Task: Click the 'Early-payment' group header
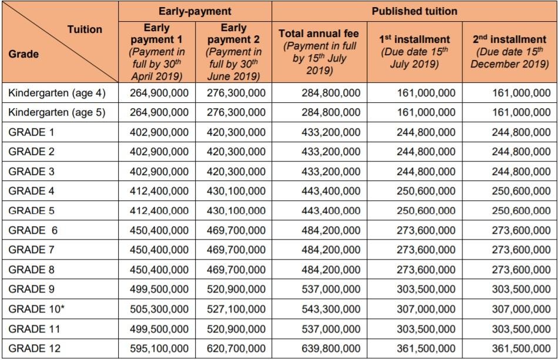(195, 11)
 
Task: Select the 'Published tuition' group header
(414, 11)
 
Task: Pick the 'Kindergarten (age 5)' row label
(57, 112)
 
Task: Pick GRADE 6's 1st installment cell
(426, 230)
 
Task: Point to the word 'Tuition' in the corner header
(85, 29)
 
